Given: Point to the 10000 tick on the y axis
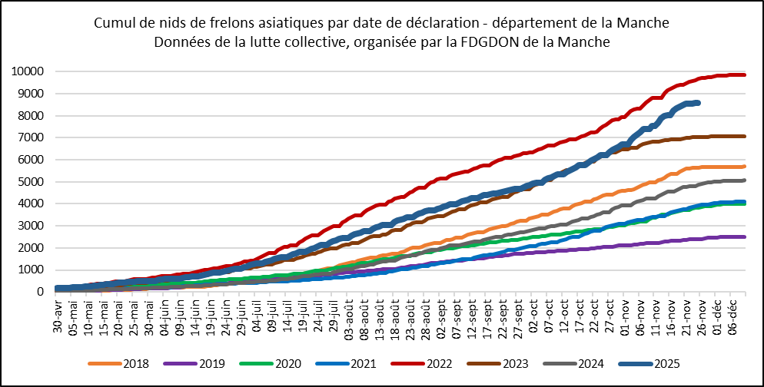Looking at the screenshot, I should [x=28, y=72].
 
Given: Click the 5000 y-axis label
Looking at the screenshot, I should [x=31, y=182].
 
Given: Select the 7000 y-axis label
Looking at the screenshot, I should [x=31, y=138].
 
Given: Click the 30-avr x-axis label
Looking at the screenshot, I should [x=58, y=316].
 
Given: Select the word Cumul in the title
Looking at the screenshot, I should [x=115, y=24].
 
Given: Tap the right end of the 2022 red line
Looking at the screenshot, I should [x=745, y=74].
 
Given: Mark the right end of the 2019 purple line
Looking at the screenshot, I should [x=745, y=237].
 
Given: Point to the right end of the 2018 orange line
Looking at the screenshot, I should [x=745, y=167].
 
